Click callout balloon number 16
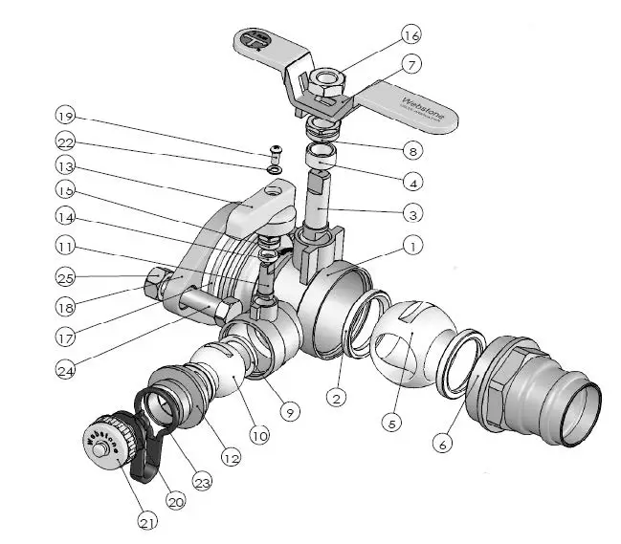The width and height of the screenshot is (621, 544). [x=410, y=36]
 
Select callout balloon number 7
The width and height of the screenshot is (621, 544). [x=410, y=65]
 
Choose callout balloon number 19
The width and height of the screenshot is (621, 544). [x=64, y=117]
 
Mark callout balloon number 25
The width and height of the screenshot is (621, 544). [x=64, y=278]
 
